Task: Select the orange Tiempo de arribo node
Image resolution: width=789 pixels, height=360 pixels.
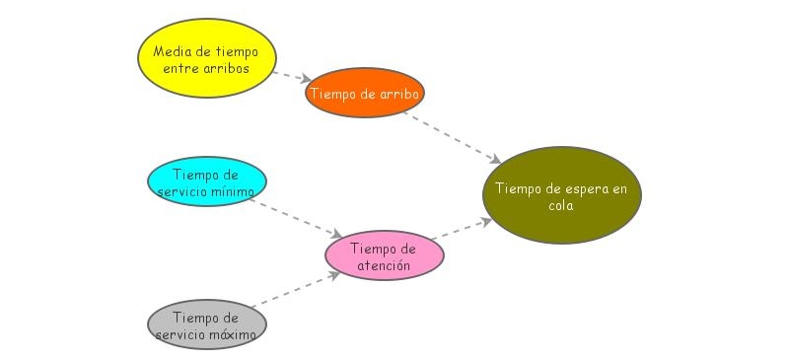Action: point(365,94)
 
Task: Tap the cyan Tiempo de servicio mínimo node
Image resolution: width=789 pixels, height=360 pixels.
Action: point(207,182)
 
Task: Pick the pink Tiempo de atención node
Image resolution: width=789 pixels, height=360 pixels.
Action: point(385,255)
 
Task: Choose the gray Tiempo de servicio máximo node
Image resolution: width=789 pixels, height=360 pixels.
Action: point(207,325)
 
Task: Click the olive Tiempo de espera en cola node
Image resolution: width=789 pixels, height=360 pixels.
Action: point(562,195)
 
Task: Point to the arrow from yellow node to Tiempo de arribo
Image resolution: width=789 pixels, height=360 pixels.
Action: point(291,76)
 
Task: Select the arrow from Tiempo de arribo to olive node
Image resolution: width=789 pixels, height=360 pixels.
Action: point(454,134)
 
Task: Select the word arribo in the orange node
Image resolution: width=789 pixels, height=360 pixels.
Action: point(400,95)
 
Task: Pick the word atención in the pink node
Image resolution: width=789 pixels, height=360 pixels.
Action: point(385,265)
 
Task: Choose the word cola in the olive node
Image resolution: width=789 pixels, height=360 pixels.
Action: point(561,206)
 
